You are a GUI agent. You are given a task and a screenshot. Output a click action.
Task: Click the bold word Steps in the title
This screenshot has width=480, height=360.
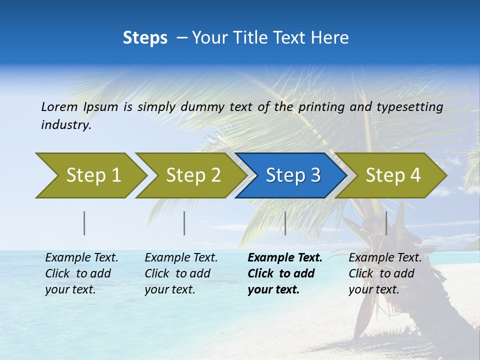[145, 38]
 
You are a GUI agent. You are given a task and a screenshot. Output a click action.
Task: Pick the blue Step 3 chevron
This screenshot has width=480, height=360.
[293, 175]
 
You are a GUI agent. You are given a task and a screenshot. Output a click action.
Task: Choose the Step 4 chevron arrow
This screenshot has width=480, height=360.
[393, 175]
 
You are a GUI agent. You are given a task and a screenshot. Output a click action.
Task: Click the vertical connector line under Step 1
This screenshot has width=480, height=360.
[84, 223]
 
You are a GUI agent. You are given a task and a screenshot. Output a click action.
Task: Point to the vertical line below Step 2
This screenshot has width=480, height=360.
[184, 223]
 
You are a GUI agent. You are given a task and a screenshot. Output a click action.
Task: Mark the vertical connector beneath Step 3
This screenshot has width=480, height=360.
[285, 223]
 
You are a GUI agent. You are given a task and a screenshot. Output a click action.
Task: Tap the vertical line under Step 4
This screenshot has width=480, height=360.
[386, 223]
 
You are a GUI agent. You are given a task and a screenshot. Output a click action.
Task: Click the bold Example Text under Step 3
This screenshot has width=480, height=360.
[285, 258]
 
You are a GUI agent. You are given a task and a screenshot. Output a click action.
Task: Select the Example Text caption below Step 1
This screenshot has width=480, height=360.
[81, 258]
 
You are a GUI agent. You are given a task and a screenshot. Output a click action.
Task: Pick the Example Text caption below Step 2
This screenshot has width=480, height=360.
[181, 258]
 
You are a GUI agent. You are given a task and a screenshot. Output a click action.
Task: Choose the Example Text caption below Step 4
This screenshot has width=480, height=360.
[385, 258]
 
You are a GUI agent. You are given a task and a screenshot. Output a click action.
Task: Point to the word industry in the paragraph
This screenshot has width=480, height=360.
[66, 125]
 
